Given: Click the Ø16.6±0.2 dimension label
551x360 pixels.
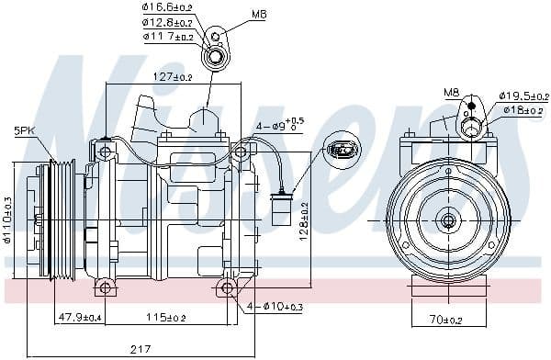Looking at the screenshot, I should click(168, 8).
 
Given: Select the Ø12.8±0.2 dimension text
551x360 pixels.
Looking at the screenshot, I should click(168, 22).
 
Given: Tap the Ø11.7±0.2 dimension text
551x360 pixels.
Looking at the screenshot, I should click(168, 37).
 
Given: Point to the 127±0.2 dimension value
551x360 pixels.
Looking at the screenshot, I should click(147, 77).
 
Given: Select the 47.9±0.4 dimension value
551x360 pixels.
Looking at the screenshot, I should click(80, 318).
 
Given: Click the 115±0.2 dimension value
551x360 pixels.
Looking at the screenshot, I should click(165, 318).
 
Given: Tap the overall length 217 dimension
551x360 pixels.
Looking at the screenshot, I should click(141, 350).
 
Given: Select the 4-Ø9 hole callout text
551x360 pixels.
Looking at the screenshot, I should click(279, 125).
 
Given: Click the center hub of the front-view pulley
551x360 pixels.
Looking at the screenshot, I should click(448, 219).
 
